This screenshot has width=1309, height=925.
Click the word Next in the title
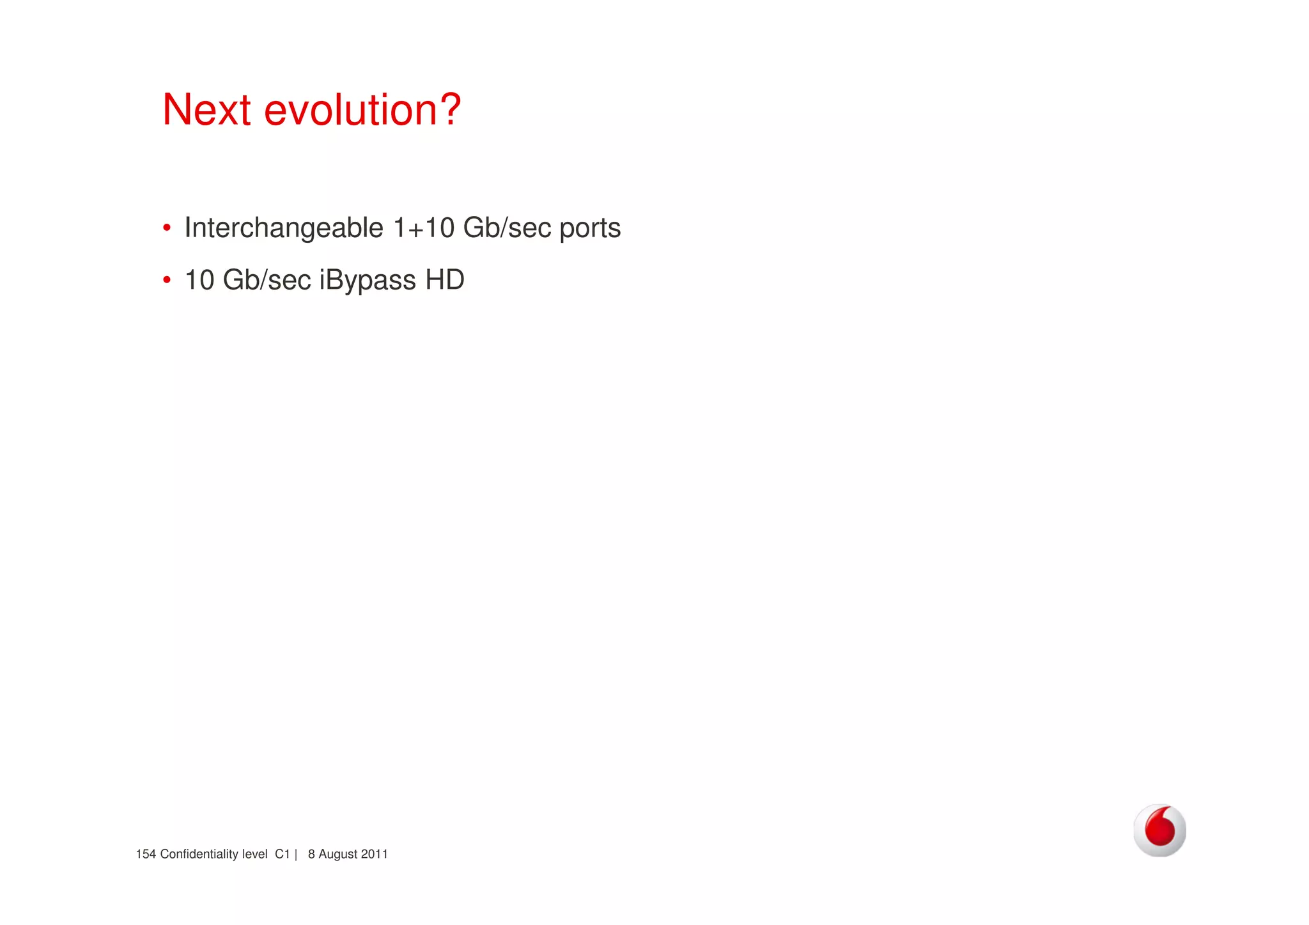coord(206,110)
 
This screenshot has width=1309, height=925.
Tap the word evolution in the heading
coord(350,110)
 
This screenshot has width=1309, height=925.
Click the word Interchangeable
coord(283,228)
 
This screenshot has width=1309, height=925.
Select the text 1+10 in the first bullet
coord(423,228)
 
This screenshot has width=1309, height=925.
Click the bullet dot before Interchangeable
coord(167,228)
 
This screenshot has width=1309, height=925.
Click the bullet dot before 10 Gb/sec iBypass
coord(167,280)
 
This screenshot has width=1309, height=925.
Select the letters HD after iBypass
coord(445,280)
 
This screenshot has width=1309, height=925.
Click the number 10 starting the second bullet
coord(199,280)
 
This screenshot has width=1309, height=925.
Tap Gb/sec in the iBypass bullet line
coord(267,280)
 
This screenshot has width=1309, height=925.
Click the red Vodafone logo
coord(1159,830)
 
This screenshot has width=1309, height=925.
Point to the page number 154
coord(146,855)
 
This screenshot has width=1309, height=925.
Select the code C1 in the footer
coord(283,855)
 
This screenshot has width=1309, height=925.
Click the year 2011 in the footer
coord(375,855)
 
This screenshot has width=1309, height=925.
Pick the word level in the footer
coord(254,855)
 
